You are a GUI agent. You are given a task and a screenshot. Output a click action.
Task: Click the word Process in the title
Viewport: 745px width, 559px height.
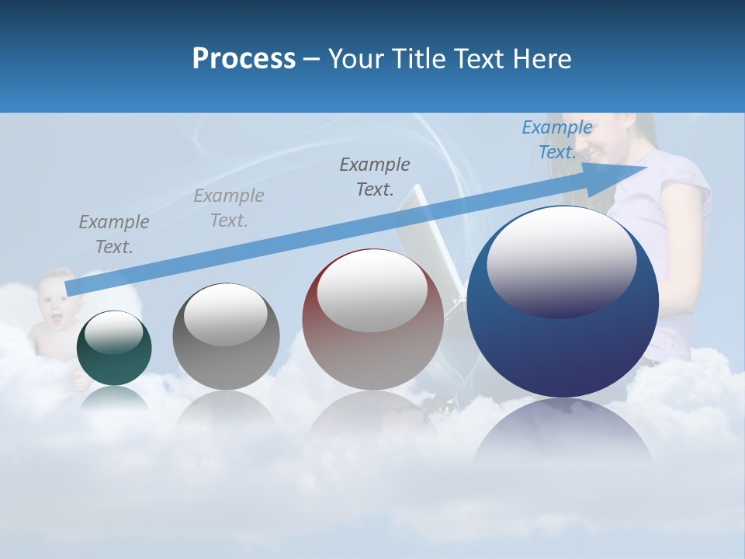coord(244,58)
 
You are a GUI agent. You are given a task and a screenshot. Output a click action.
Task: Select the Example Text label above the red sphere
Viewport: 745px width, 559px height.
coord(375,176)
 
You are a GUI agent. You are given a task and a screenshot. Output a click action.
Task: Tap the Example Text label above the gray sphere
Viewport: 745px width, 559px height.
coord(229,208)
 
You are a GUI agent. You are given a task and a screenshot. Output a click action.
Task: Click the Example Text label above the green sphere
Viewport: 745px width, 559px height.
coord(114,234)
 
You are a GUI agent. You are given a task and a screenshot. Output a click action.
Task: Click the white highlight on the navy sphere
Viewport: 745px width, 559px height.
coord(561,260)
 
